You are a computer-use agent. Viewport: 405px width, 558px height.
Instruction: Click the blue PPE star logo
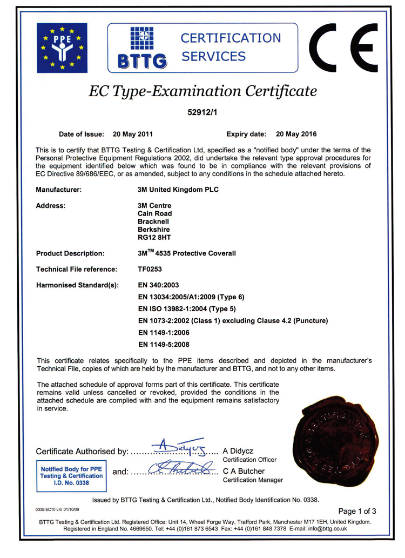coord(62,48)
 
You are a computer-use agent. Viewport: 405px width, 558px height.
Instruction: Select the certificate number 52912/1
coord(202,113)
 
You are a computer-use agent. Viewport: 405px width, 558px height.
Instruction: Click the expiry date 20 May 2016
coord(296,134)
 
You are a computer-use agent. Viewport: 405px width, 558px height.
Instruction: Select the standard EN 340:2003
coord(158,285)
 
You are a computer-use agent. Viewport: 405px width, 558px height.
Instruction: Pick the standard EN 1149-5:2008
coord(164,344)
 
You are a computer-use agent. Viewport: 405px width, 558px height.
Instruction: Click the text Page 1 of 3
coord(357,511)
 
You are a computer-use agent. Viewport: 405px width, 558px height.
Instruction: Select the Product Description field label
coord(70,253)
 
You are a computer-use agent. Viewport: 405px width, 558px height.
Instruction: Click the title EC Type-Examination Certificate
coord(202,91)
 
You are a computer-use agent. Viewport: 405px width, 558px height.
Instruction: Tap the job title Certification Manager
coord(253,480)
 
